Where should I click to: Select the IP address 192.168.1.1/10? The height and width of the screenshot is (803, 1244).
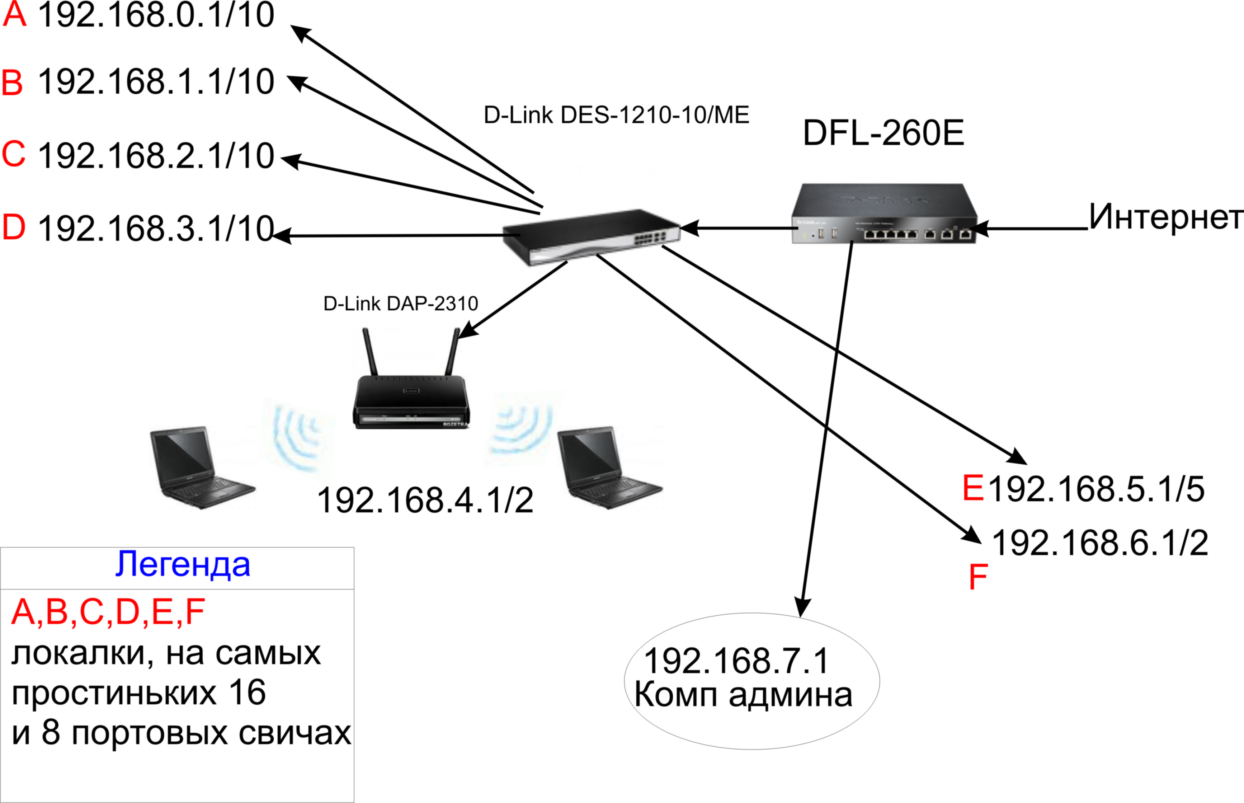156,81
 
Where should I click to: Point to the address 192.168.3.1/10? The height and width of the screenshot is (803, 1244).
156,229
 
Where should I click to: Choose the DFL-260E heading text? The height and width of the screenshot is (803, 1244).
883,133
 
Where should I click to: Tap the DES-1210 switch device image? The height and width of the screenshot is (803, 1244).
591,237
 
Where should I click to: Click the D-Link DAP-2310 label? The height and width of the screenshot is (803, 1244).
401,304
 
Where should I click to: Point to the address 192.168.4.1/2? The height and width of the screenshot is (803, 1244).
425,501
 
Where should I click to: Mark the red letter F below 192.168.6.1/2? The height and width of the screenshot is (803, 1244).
978,577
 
